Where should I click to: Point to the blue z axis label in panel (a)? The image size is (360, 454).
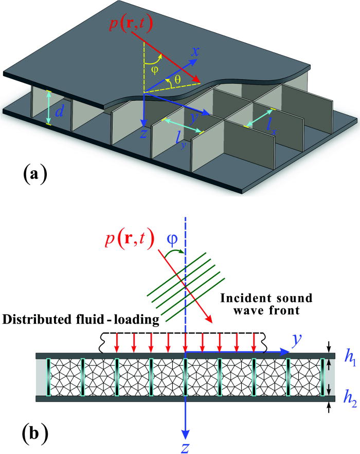click(x=146, y=135)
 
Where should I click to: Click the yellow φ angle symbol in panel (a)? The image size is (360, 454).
click(x=151, y=68)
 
